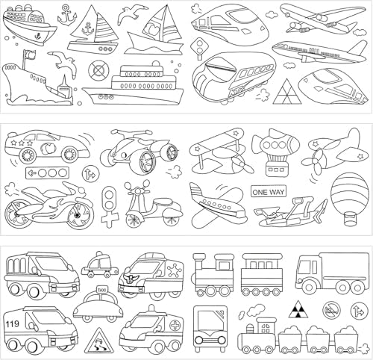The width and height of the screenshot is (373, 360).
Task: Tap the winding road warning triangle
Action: [x=98, y=341]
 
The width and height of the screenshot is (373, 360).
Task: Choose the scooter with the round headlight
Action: [x=138, y=205]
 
